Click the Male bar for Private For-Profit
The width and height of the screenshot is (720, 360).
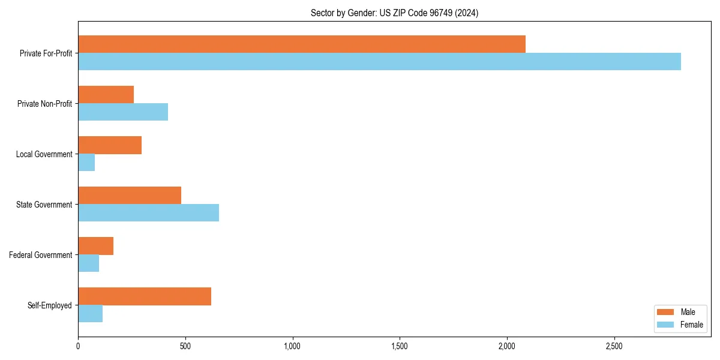(302, 44)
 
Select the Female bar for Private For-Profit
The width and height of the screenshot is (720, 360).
(379, 62)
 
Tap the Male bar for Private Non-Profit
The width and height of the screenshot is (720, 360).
(106, 95)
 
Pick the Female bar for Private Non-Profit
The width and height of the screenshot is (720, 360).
(123, 112)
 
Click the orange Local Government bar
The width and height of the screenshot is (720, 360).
(110, 145)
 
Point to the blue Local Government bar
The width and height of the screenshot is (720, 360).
(86, 163)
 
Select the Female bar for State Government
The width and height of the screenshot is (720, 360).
(148, 213)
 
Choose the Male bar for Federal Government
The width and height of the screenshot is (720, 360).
(95, 246)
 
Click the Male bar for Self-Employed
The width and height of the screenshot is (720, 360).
(145, 296)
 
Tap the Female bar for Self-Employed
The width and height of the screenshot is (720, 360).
(90, 314)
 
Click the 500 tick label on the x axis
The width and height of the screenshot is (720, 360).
(185, 346)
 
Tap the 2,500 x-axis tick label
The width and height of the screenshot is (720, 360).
(614, 346)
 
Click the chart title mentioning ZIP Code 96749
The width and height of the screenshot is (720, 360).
(394, 13)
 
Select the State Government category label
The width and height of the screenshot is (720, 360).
(44, 205)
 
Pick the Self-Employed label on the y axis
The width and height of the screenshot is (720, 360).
(49, 305)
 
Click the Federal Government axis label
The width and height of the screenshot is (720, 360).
(40, 255)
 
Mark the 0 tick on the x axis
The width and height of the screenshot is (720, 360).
(78, 346)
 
